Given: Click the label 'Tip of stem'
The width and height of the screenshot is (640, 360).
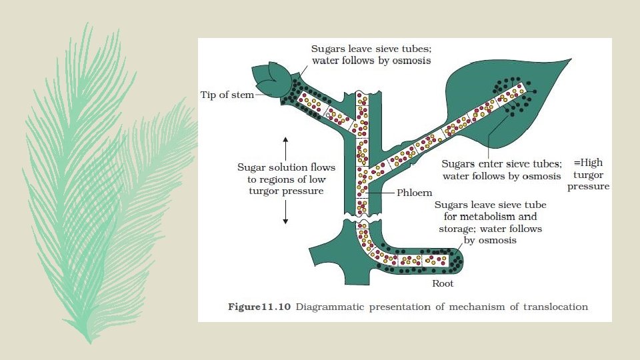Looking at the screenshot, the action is coord(227,95).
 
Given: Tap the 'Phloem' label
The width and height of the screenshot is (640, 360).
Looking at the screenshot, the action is coord(415,193).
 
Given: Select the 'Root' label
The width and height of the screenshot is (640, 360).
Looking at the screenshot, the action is coord(443,283).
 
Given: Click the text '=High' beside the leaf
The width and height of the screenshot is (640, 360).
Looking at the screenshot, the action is coord(588,163).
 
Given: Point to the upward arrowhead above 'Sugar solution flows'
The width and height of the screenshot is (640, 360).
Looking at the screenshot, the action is coord(285,139).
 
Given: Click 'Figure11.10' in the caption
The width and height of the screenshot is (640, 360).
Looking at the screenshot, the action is coord(258,307).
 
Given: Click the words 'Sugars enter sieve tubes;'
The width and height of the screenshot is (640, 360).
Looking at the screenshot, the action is coord(502,163).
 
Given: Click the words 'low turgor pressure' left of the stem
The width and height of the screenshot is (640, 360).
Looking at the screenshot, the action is coord(287,191).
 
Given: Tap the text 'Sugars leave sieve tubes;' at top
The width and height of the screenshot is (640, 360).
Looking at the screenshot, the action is coord(371,49).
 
